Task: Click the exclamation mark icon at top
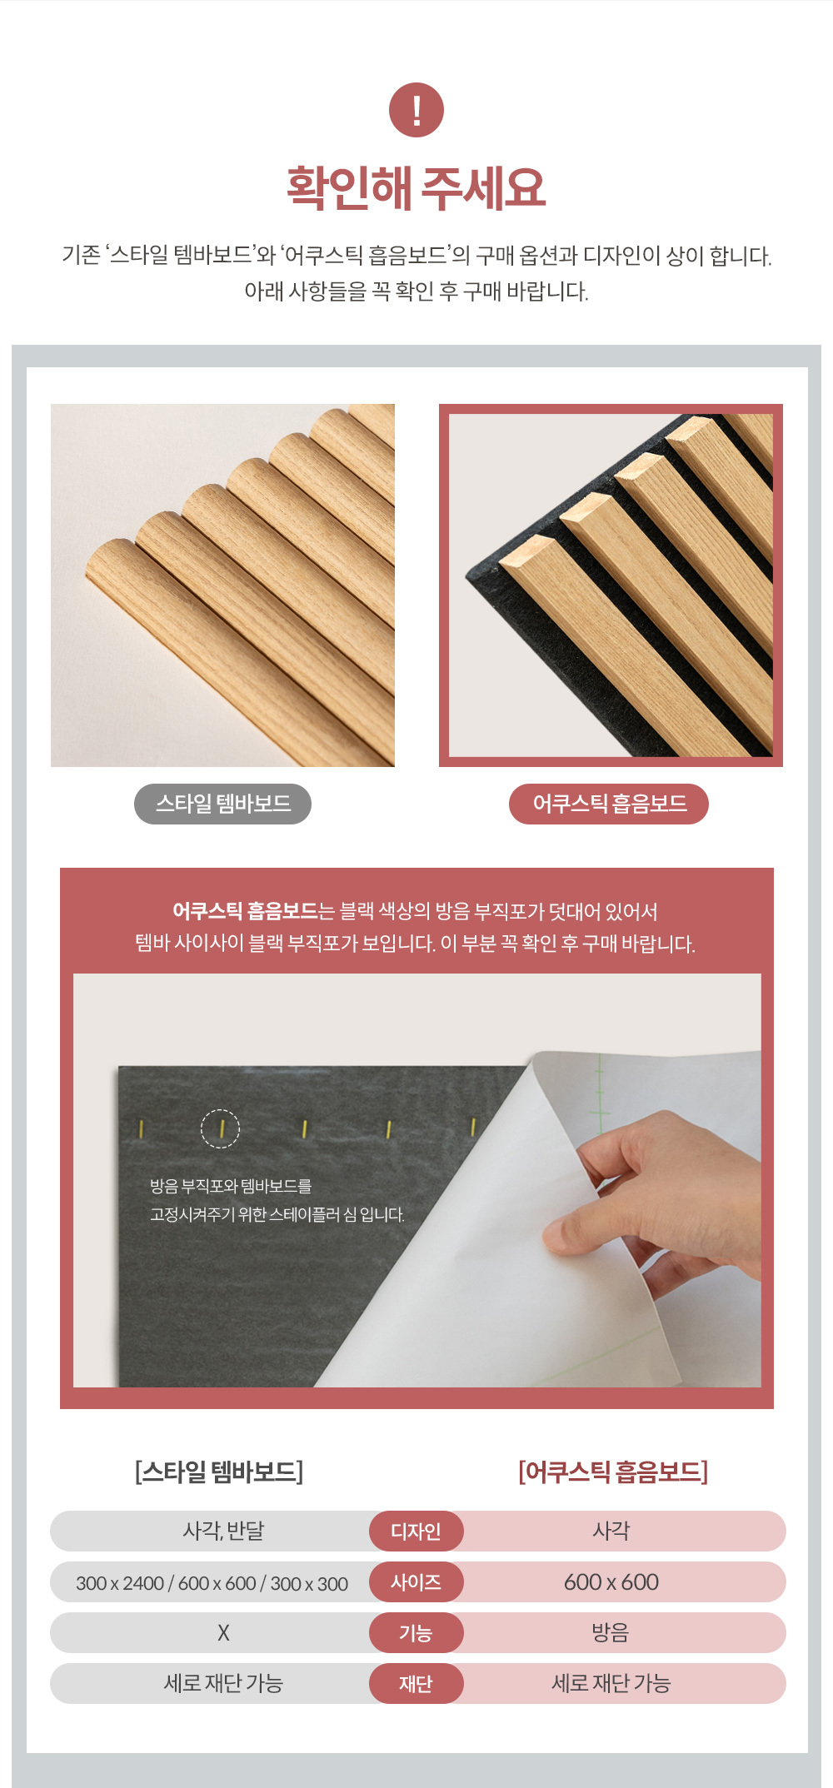(x=416, y=110)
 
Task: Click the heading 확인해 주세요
(x=416, y=188)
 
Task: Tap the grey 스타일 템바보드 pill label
(x=222, y=804)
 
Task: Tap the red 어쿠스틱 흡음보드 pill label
(x=609, y=804)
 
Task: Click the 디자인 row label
(x=416, y=1531)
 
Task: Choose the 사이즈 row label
(x=416, y=1581)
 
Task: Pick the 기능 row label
(x=416, y=1632)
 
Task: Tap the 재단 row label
(x=416, y=1683)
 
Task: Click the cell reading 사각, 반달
(x=223, y=1531)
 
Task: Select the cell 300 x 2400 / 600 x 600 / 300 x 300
(x=212, y=1583)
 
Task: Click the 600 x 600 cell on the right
(x=611, y=1582)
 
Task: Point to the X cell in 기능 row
(x=223, y=1633)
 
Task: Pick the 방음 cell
(x=611, y=1632)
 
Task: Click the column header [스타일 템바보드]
(x=219, y=1472)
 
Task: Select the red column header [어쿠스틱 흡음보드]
(x=613, y=1472)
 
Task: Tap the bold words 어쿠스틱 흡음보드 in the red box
(x=245, y=911)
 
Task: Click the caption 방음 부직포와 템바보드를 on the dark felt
(x=231, y=1186)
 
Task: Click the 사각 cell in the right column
(x=611, y=1531)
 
